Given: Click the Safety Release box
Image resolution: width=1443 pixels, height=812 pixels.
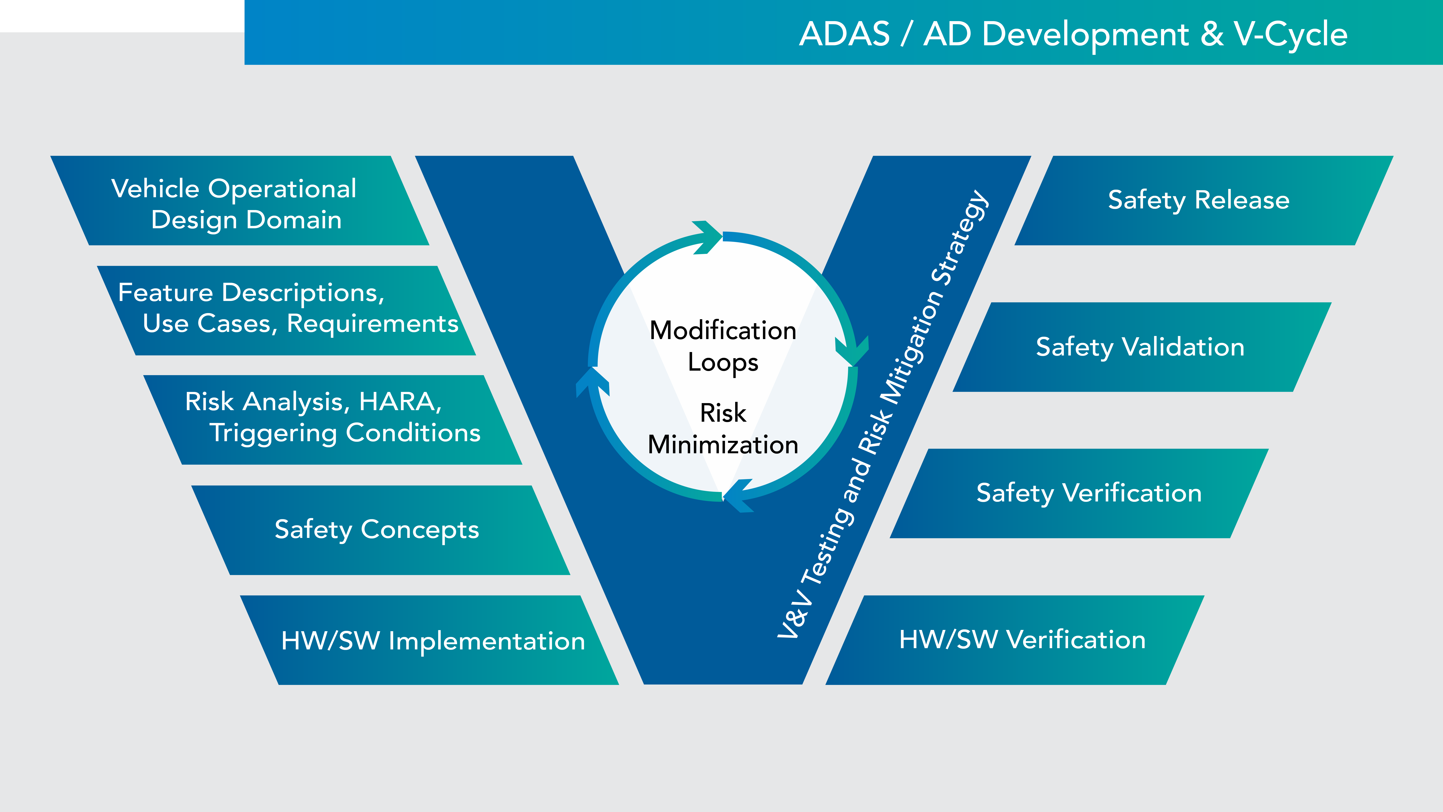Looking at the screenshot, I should [x=1199, y=200].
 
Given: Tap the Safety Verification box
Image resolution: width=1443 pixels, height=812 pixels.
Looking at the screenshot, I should [x=1089, y=493].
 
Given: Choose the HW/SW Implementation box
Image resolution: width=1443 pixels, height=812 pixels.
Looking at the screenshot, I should [x=433, y=641].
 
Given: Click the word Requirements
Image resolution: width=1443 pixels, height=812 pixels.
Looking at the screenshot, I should [x=372, y=323].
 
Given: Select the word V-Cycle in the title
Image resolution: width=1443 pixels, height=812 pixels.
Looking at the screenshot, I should [x=1290, y=34].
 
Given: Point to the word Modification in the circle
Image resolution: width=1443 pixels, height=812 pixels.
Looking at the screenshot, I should [x=723, y=331].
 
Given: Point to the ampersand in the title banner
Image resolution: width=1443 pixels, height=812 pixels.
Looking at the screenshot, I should [x=1212, y=34].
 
